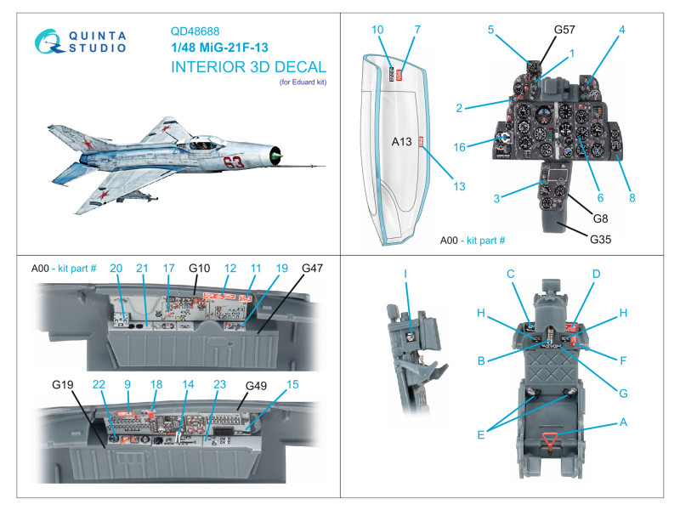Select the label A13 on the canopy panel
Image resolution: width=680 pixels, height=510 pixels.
pyautogui.click(x=401, y=143)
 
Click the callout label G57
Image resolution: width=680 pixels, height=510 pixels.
pyautogui.click(x=564, y=29)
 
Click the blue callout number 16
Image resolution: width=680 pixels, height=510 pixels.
pyautogui.click(x=483, y=147)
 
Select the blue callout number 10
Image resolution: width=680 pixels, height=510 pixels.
pyautogui.click(x=377, y=30)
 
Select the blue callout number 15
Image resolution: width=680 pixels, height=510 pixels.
pyautogui.click(x=293, y=385)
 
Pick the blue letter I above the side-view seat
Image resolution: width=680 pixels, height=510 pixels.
pyautogui.click(x=405, y=274)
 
